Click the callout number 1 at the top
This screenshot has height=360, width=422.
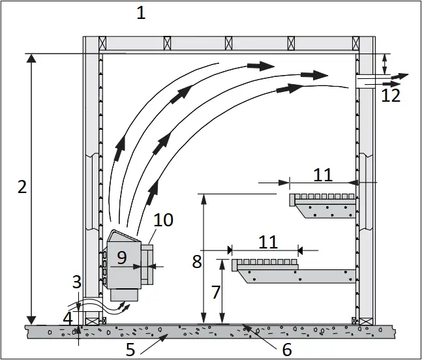tap(141, 12)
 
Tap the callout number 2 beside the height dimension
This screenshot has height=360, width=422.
tap(22, 187)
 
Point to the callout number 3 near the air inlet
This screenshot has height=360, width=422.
tap(76, 282)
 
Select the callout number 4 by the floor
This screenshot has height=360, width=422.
tap(68, 318)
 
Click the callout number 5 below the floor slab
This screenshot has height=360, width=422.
tap(130, 350)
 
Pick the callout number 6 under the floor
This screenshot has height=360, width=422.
tap(286, 350)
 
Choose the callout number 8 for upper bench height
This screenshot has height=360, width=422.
tap(197, 262)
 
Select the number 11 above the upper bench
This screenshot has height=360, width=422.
tap(322, 174)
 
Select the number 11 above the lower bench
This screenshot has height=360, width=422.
tap(267, 242)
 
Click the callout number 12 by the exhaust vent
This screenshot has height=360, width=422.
tap(391, 96)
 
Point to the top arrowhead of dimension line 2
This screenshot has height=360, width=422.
tap(30, 59)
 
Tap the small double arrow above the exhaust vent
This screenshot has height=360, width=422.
tap(384, 64)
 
